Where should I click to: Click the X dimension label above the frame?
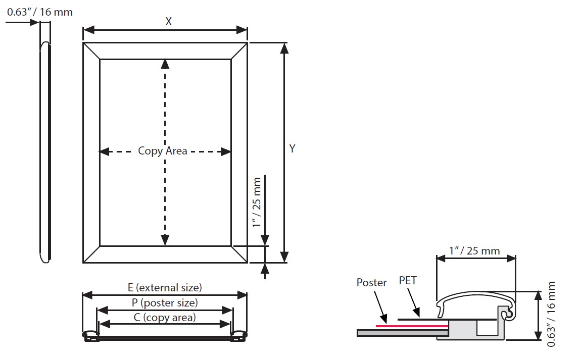coord(168,21)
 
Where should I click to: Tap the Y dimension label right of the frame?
coord(293,148)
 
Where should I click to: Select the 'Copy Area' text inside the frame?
coord(163,150)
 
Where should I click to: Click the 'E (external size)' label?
coord(165,287)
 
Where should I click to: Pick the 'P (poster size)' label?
coord(165,302)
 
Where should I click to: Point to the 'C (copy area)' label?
coord(165,317)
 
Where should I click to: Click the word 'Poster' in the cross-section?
coord(371,282)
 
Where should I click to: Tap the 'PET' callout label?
coord(408,280)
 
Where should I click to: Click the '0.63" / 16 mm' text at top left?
coord(40,12)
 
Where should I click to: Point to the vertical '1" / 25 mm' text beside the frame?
coord(257,202)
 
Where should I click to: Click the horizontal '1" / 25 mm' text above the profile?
coord(474,250)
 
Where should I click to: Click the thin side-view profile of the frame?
coord(45,151)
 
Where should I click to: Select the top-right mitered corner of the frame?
coord(239,51)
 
